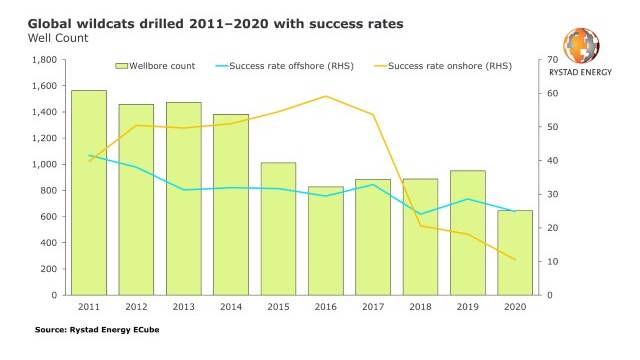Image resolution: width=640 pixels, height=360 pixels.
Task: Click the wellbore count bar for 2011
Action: tap(89, 193)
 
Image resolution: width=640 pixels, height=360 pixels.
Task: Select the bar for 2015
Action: tap(278, 229)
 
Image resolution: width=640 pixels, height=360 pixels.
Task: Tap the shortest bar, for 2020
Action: tap(515, 253)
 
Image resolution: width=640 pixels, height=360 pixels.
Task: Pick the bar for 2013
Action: tap(184, 198)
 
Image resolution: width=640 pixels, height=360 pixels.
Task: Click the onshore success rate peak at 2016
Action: tap(326, 96)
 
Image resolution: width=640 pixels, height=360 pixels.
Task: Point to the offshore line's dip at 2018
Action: tap(420, 214)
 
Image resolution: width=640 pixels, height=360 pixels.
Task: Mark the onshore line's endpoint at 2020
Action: tap(515, 259)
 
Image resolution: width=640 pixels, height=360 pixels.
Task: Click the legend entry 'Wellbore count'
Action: tap(155, 66)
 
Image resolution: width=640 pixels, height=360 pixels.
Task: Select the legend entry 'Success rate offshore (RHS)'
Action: tap(284, 66)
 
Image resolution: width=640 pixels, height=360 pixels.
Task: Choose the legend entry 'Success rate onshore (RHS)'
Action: tap(443, 66)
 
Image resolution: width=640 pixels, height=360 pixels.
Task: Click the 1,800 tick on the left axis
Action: tap(44, 60)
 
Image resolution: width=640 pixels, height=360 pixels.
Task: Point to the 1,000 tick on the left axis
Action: tap(44, 164)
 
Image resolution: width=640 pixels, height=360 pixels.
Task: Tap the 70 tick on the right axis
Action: tap(553, 60)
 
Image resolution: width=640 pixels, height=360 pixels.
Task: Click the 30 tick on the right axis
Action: tap(553, 194)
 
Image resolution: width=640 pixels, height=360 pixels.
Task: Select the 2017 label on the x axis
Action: tap(373, 307)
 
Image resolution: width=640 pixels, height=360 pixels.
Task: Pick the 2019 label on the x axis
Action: tap(468, 307)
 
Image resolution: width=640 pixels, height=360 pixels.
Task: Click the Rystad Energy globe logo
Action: tap(581, 45)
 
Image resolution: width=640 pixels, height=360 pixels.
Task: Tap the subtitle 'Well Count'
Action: tap(58, 38)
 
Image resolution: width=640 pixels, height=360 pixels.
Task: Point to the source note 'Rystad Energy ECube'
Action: tap(114, 330)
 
